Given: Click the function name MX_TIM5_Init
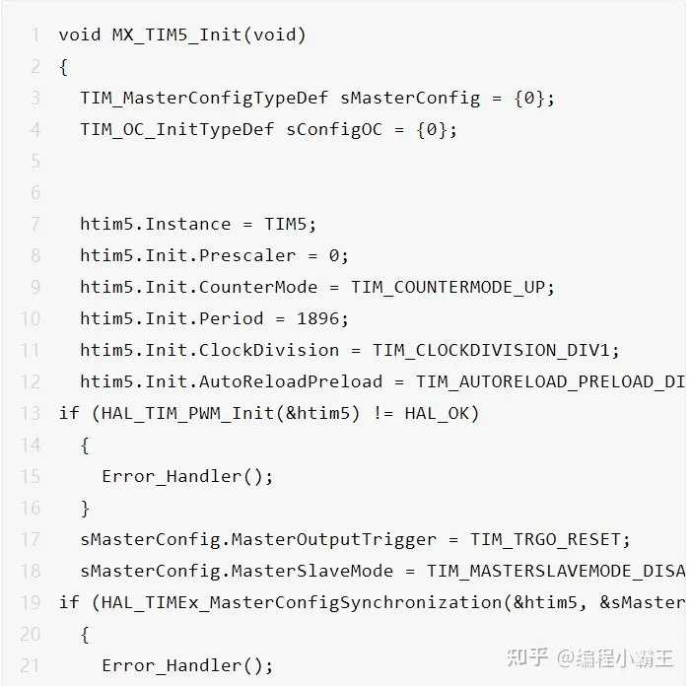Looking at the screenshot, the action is click(x=176, y=34).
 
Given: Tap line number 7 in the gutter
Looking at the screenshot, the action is click(x=35, y=224).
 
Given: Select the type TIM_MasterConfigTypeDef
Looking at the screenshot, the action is click(x=204, y=98).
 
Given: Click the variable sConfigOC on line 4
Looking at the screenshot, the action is click(x=334, y=129).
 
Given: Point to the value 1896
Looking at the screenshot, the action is click(x=317, y=318).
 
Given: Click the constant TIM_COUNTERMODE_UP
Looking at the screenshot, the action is click(x=448, y=287).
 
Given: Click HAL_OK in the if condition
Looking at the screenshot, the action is click(x=437, y=413).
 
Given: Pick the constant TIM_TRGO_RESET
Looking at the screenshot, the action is click(x=545, y=539).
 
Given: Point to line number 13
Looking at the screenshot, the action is click(x=31, y=413).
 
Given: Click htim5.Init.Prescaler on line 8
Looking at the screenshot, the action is click(x=187, y=255).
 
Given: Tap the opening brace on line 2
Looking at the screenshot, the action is click(x=63, y=67).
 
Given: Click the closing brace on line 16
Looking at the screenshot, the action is click(x=85, y=508).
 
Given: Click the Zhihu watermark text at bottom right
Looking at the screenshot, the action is click(x=589, y=657).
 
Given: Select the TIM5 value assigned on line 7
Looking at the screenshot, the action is click(x=285, y=224).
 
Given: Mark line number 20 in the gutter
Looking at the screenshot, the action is click(x=31, y=634).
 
